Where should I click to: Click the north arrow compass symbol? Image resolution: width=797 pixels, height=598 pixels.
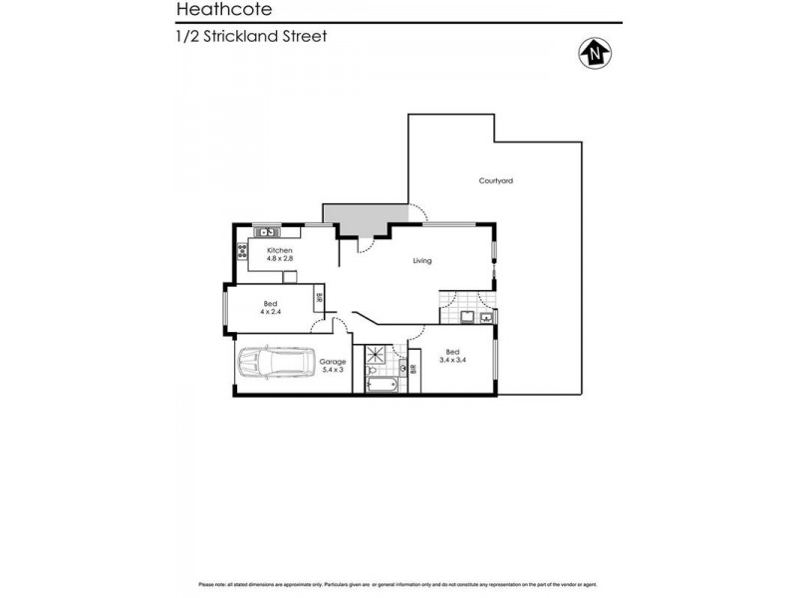596,51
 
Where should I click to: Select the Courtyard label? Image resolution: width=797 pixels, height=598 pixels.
495,180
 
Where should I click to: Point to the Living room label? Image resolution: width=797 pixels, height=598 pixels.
422,261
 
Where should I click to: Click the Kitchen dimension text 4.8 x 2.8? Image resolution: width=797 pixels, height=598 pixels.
279,258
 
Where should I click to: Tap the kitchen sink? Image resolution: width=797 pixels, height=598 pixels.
267,232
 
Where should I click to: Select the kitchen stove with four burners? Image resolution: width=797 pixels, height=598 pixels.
242,250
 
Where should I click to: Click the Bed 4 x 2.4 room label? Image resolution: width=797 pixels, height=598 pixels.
270,308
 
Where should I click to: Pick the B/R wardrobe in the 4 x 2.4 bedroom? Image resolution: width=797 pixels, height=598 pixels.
319,295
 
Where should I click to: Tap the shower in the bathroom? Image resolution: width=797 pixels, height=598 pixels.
379,355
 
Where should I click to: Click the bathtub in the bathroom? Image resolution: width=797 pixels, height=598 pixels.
381,383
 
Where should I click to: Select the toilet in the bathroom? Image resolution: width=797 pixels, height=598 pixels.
403,369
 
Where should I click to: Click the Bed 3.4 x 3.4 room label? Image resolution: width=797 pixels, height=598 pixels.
452,357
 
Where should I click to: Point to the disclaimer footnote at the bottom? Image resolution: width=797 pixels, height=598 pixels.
398,584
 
